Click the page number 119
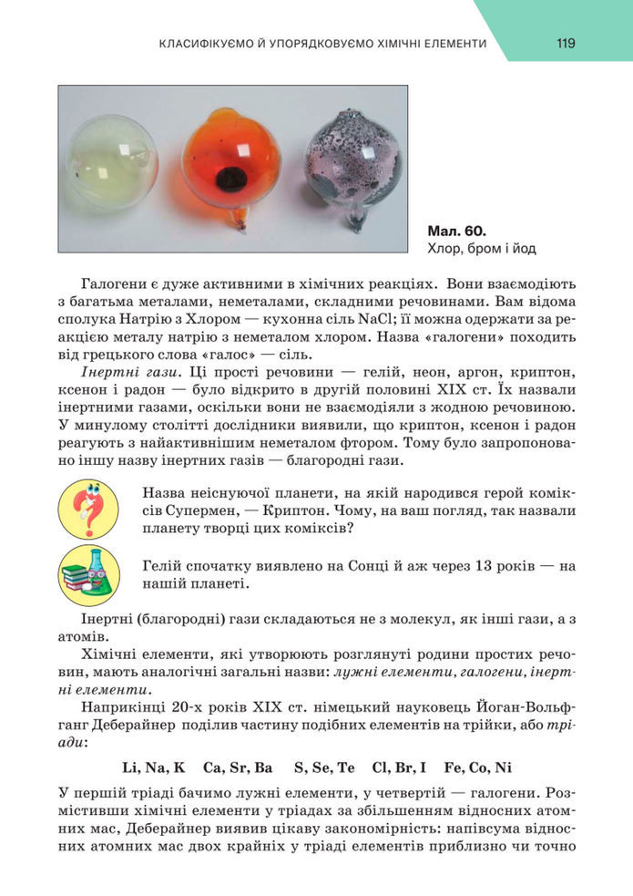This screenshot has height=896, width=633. pos(566,43)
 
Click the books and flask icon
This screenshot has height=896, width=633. pos(88,574)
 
